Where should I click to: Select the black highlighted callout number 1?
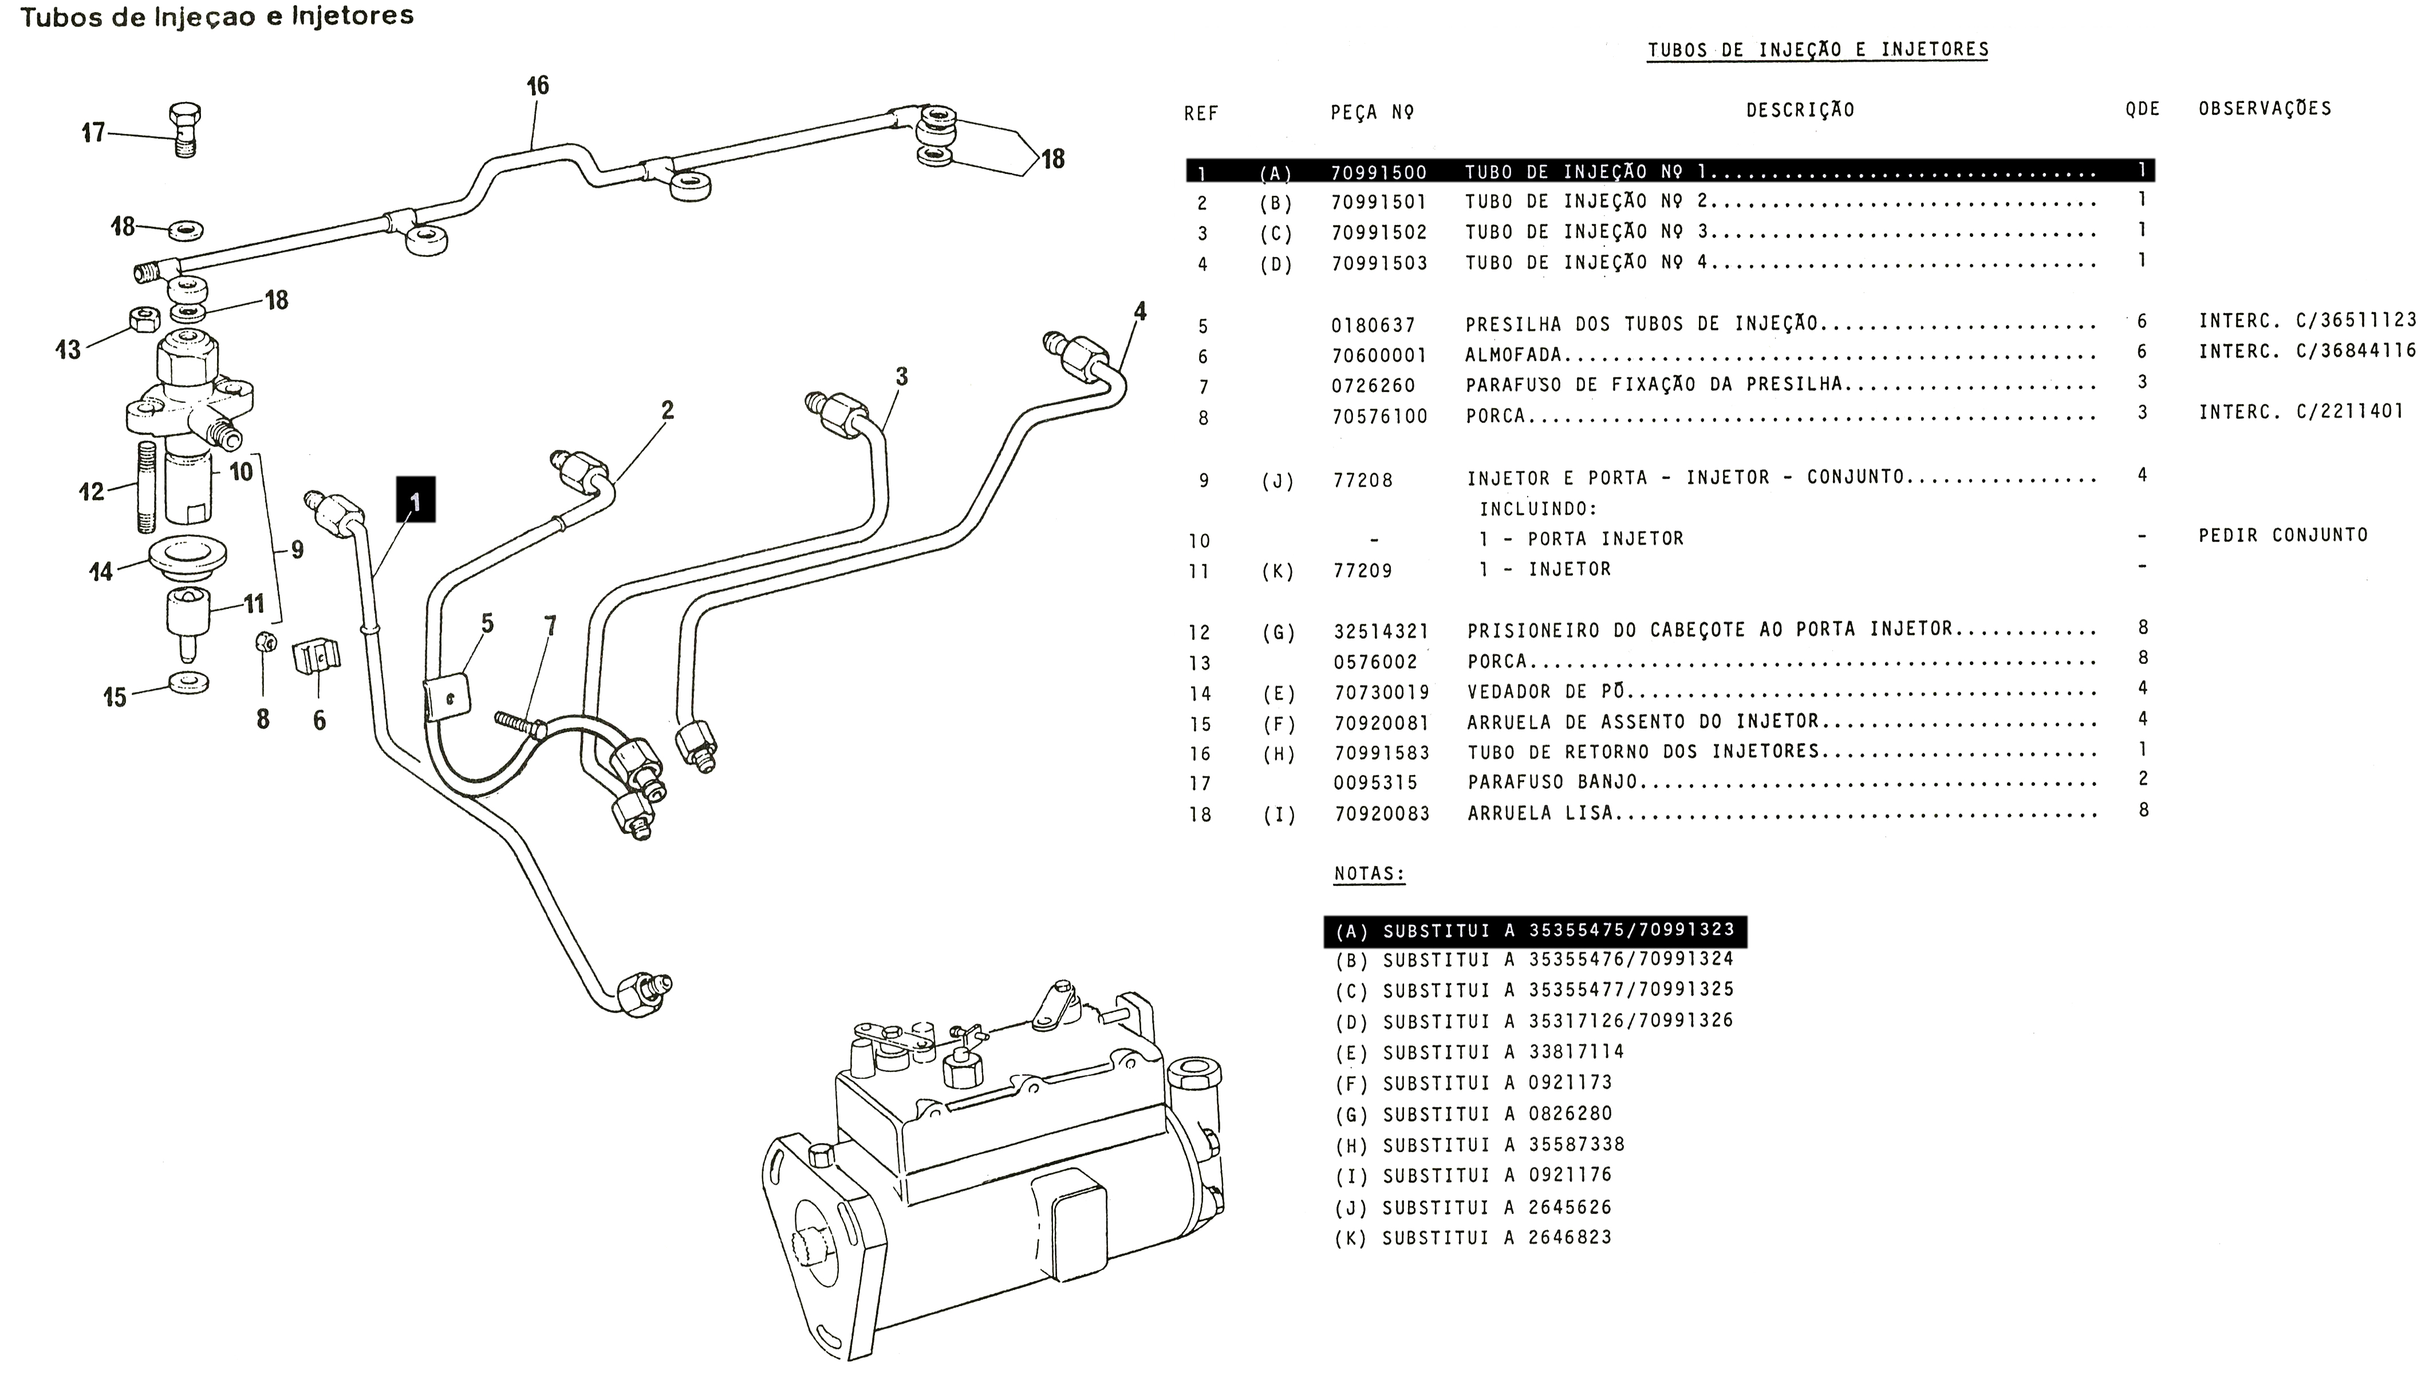[415, 500]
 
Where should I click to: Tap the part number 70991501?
[1379, 202]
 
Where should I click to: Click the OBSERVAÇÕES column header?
[2265, 108]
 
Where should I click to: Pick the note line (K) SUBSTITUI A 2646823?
[1473, 1238]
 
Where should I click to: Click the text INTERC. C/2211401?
[2301, 412]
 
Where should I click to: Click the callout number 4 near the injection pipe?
[1139, 311]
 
